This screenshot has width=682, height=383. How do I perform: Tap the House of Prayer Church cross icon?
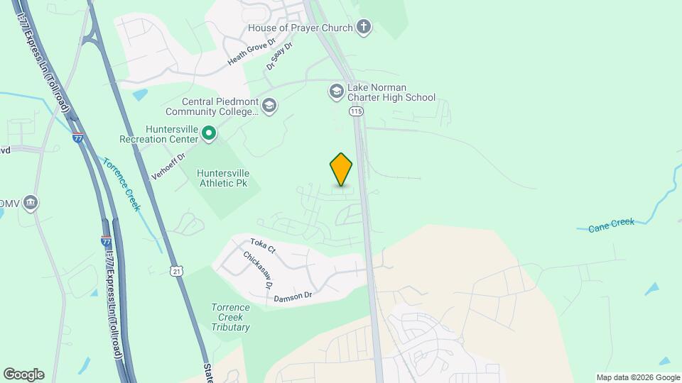point(364,28)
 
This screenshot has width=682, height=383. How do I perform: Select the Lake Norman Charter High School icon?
point(336,91)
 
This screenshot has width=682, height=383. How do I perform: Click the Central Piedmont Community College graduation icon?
point(269,106)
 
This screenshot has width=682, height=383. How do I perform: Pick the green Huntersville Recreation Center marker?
point(209,133)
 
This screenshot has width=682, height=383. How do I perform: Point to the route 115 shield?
point(356,111)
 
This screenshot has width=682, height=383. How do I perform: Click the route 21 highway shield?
point(177,271)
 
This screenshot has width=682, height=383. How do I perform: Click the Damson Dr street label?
point(293,296)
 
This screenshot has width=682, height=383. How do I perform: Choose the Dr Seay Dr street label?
point(279,55)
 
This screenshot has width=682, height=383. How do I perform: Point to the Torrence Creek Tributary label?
point(230,317)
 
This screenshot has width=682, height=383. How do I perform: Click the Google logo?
point(23,374)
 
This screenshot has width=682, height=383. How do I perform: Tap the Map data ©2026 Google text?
point(638,377)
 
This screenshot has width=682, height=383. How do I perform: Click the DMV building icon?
point(30,204)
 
